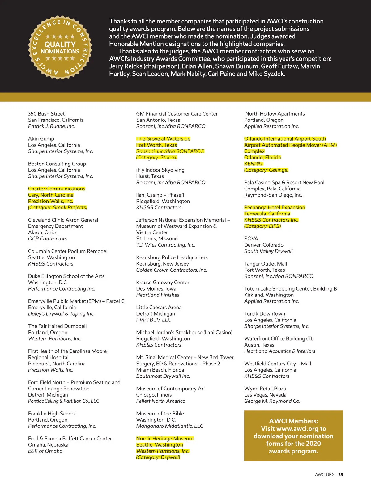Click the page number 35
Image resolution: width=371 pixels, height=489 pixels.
(340, 474)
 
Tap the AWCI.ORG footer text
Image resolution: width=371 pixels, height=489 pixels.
(324, 474)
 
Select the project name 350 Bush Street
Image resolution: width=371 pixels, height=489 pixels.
(46, 114)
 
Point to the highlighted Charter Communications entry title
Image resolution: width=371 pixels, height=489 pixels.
(57, 189)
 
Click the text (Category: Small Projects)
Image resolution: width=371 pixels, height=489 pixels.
(58, 207)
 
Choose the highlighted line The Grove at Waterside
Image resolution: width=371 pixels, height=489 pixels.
(163, 139)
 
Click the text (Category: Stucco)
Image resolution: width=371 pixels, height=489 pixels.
(157, 157)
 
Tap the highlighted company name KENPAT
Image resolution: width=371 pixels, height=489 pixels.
(254, 164)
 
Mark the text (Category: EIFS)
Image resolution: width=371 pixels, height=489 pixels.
(262, 226)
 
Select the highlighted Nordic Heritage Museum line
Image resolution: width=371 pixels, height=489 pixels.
(165, 438)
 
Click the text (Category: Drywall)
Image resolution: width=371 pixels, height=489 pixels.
(158, 457)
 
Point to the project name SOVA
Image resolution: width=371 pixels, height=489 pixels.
(251, 239)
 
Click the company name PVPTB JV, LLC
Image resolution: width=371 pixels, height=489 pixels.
(154, 320)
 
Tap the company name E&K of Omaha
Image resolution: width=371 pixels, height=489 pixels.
(45, 451)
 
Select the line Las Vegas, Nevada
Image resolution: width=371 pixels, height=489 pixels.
(265, 395)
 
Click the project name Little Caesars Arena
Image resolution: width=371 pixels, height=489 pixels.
(159, 307)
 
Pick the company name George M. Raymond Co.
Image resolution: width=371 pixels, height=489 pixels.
(272, 401)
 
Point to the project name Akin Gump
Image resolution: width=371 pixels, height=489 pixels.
(41, 139)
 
